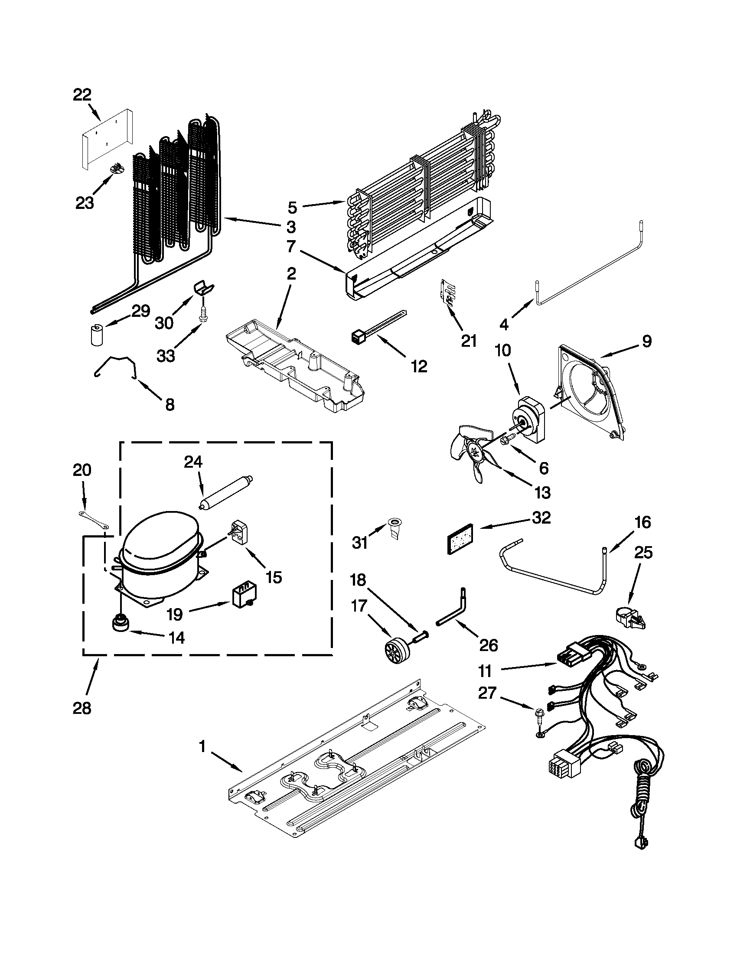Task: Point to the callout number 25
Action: (x=643, y=553)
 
